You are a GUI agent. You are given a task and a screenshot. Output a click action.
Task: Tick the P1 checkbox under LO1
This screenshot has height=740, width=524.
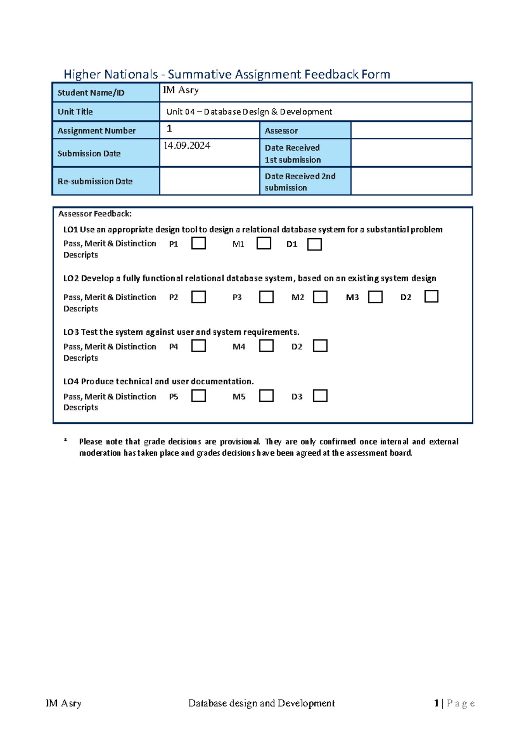point(199,243)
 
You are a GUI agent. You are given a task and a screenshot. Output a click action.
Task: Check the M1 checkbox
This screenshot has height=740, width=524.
point(264,243)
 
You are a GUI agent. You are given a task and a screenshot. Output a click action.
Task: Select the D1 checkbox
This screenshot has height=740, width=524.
point(314,244)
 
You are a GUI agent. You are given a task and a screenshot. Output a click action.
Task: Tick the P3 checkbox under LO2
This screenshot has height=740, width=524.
point(266,297)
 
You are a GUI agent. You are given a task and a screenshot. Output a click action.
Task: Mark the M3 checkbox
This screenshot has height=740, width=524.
point(375,297)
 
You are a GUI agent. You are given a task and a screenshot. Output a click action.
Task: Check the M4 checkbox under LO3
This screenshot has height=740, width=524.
point(266,346)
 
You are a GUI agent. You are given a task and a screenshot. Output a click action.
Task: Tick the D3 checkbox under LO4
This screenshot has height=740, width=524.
point(320,396)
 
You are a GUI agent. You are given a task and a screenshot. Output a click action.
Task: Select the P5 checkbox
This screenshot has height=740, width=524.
point(199,396)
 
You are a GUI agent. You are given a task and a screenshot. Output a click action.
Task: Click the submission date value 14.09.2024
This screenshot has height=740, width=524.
point(187,146)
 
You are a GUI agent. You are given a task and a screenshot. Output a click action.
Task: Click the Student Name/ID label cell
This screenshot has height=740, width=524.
point(106,92)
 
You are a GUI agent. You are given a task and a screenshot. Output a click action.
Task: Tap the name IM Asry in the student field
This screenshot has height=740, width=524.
point(181,90)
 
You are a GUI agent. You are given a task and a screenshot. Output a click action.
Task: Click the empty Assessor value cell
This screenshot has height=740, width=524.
point(411,130)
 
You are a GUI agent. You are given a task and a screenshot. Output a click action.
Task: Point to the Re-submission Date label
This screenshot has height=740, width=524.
point(95,182)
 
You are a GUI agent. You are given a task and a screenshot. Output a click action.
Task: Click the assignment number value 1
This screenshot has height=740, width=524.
point(169,129)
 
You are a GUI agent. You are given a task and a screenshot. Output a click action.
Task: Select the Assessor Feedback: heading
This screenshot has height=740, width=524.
point(95,214)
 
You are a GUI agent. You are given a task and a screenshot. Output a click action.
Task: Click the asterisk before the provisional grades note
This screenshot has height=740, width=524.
point(65,441)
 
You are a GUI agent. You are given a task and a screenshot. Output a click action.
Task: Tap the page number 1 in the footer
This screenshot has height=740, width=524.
point(436,703)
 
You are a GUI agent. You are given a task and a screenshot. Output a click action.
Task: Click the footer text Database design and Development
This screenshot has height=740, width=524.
point(261,703)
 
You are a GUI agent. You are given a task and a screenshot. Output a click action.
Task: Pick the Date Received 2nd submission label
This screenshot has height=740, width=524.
point(300,182)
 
